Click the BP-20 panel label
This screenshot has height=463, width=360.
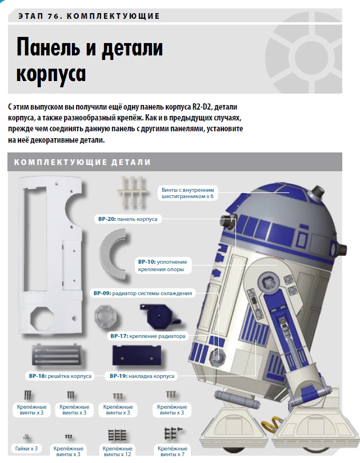pos(127,219)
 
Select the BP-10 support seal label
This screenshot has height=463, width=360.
pos(163,265)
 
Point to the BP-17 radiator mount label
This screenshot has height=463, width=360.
pos(148,336)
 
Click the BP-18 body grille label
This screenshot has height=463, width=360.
pos(61,376)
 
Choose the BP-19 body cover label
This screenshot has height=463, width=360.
pos(142,376)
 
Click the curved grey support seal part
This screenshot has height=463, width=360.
pos(113,255)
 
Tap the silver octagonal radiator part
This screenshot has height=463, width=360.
pos(106,316)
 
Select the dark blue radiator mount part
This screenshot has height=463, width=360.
pos(159,316)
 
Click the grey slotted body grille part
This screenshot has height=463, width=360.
pos(56,355)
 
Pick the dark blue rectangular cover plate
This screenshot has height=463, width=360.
pos(137,356)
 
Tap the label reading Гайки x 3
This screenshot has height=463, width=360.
pos(26,449)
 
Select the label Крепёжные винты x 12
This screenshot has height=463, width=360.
pos(117,451)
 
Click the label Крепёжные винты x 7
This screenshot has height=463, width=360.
pos(173,451)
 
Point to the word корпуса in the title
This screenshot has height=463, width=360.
pos(51,74)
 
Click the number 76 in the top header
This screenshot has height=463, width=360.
pos(54,16)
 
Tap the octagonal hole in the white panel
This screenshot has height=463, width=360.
pos(42,318)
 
